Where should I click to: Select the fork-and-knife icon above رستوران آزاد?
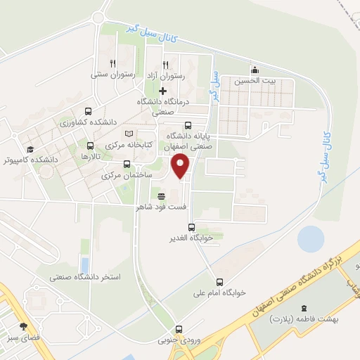point(166,63)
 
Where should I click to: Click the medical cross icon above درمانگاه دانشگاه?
point(163,91)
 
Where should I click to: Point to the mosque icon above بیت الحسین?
point(254,70)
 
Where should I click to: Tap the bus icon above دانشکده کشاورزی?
point(88,111)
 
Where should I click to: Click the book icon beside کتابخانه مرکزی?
point(128,133)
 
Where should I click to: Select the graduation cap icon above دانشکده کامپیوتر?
point(30,149)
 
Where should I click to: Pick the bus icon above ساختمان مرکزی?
point(127,165)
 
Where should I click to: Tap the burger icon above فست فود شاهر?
point(162,196)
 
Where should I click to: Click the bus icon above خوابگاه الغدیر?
point(191,226)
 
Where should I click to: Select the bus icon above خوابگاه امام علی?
point(220,281)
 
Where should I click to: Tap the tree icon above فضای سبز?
point(25,326)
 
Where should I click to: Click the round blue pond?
point(311,240)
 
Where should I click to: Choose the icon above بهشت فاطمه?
point(304,309)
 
